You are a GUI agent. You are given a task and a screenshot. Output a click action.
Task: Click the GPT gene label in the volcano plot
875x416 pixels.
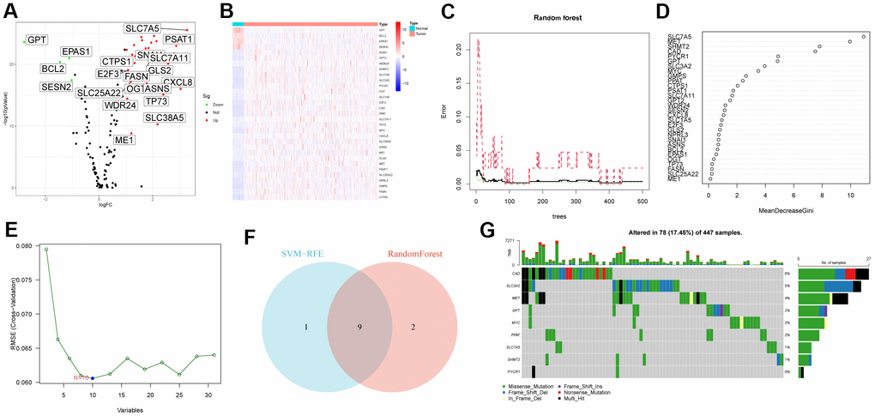[x=36, y=39]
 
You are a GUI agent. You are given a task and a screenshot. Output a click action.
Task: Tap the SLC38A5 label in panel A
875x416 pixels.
[x=164, y=118]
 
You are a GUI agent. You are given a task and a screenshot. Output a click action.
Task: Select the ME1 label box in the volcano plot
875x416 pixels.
[x=125, y=140]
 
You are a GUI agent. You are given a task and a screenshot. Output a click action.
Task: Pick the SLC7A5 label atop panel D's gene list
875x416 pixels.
[x=682, y=37]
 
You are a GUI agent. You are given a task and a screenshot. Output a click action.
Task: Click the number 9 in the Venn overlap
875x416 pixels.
[x=359, y=326]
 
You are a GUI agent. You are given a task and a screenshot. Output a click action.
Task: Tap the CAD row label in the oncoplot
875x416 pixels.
[x=518, y=273]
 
